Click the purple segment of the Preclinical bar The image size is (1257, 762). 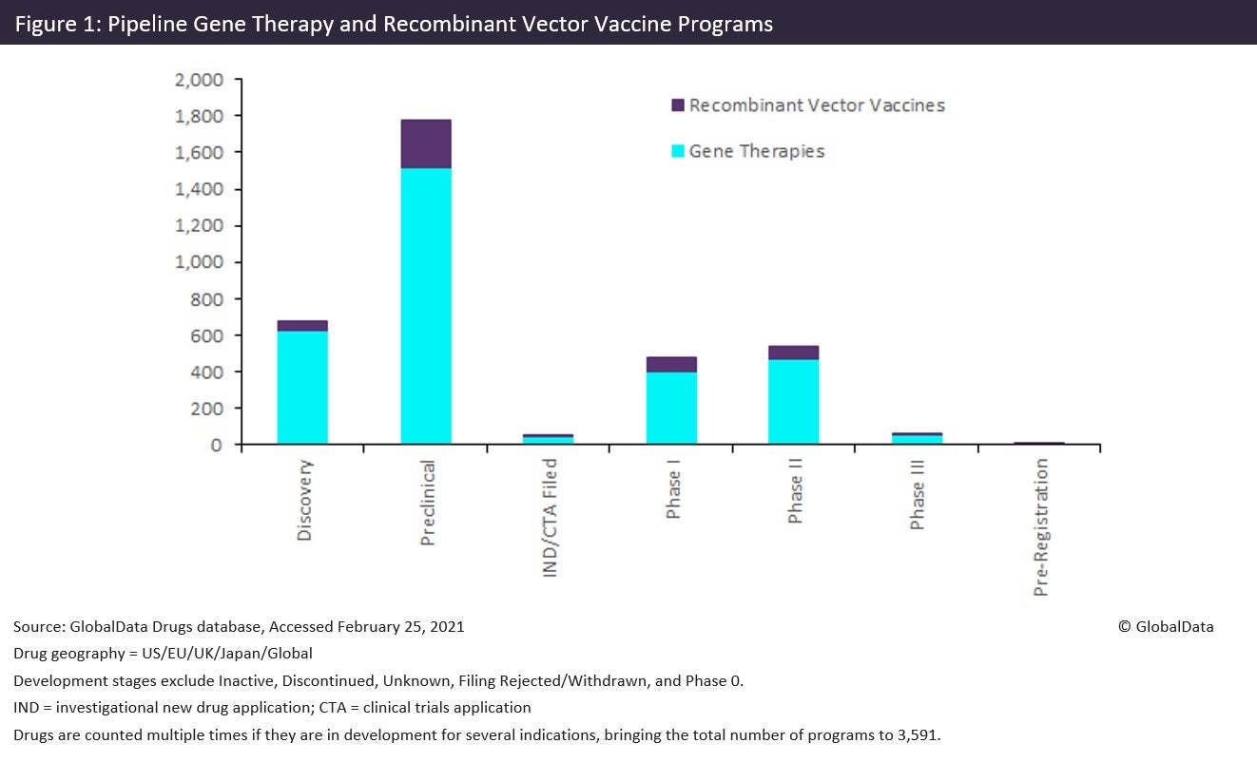pos(425,143)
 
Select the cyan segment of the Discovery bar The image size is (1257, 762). pos(302,387)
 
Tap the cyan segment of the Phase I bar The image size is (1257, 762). pos(671,408)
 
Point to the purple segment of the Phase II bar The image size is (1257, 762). pos(794,352)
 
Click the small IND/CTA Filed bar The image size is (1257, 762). pos(549,439)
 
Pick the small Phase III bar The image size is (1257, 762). pos(917,438)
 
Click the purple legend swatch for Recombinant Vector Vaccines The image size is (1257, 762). pos(678,105)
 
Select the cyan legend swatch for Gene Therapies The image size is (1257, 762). pos(678,151)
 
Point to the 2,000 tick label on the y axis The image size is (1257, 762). pos(199,80)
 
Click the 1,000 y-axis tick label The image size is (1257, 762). pos(199,262)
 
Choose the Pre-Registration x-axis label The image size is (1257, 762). pos(1041,527)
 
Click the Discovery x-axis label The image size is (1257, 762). pos(304,501)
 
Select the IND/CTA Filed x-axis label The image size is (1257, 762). pos(550,518)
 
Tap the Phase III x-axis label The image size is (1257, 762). pos(918,493)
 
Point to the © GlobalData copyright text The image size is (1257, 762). pos(1166,626)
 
